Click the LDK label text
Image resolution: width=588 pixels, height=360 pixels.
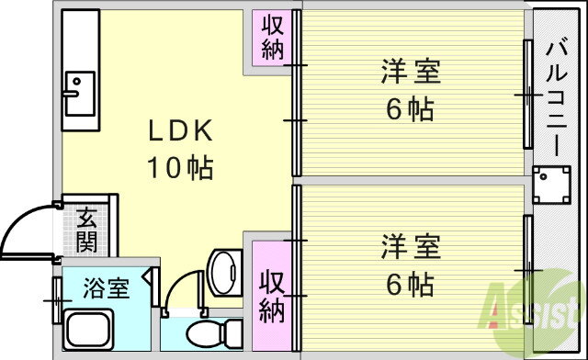pyautogui.click(x=180, y=130)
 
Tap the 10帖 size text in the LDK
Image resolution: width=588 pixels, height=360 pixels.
pyautogui.click(x=180, y=167)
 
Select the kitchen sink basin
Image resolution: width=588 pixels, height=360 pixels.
pyautogui.click(x=80, y=94)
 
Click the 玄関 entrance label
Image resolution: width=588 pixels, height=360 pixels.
pyautogui.click(x=86, y=231)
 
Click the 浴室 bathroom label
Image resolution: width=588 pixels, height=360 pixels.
pyautogui.click(x=107, y=288)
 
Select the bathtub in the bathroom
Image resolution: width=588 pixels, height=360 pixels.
pyautogui.click(x=88, y=330)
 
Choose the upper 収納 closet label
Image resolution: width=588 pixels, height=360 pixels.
pyautogui.click(x=272, y=38)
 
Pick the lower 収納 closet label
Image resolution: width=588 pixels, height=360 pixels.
pyautogui.click(x=272, y=297)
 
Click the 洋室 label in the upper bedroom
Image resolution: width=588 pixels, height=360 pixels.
pyautogui.click(x=411, y=72)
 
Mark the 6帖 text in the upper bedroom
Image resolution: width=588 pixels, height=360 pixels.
pyautogui.click(x=411, y=108)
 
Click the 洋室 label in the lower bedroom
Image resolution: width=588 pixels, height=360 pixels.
pyautogui.click(x=411, y=246)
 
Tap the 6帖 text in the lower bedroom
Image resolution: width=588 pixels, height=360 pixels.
pyautogui.click(x=411, y=285)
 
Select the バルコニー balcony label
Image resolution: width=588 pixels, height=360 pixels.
pyautogui.click(x=557, y=96)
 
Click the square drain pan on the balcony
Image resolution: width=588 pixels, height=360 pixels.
pyautogui.click(x=551, y=185)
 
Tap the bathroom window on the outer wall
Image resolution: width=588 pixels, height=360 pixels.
pyautogui.click(x=57, y=300)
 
